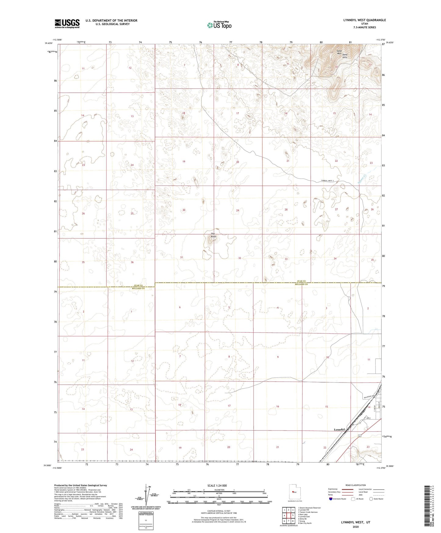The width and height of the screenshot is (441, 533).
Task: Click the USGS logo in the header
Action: pyautogui.click(x=67, y=23)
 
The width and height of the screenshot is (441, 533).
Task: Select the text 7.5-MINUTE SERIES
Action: pyautogui.click(x=364, y=27)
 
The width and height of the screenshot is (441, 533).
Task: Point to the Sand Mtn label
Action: pyautogui.click(x=339, y=52)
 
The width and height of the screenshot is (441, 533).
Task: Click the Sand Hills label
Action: pyautogui.click(x=345, y=56)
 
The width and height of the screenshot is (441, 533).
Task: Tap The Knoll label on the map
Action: pyautogui.click(x=213, y=235)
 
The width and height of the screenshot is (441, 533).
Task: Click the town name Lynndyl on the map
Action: pyautogui.click(x=339, y=430)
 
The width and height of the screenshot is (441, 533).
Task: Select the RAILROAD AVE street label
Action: pyautogui.click(x=370, y=396)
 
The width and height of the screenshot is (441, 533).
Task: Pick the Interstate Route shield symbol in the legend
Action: pyautogui.click(x=331, y=499)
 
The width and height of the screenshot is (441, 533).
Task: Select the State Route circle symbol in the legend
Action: pyautogui.click(x=371, y=499)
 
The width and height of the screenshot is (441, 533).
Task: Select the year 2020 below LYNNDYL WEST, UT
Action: pyautogui.click(x=356, y=527)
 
